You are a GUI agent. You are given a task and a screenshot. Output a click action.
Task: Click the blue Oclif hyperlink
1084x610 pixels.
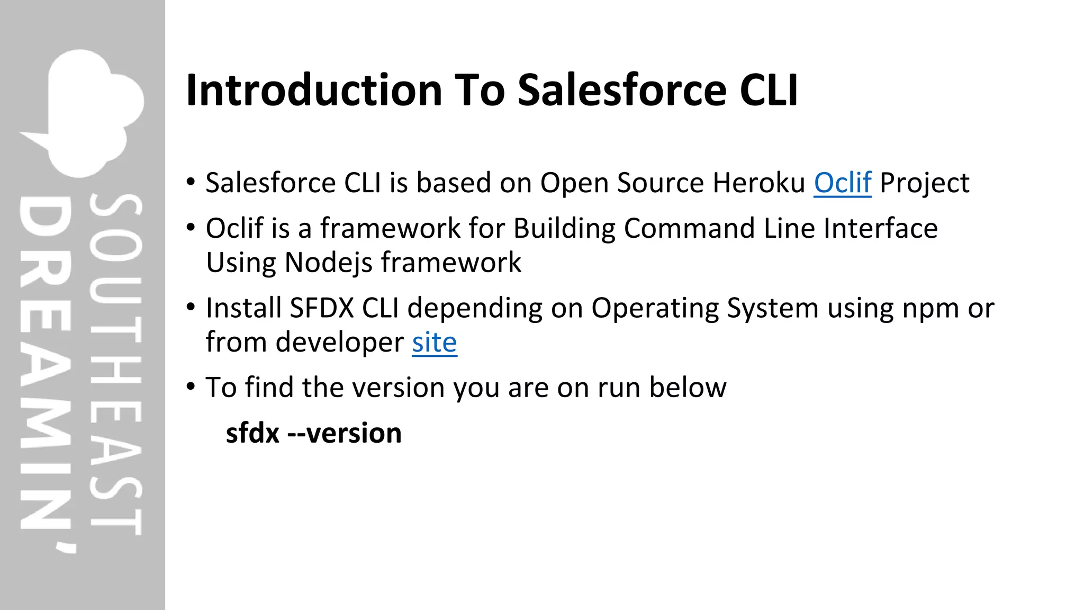coord(842,183)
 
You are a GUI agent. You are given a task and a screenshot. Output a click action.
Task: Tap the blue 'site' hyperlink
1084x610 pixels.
coord(434,343)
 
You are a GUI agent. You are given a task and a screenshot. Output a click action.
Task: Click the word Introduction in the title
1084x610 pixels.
coord(314,90)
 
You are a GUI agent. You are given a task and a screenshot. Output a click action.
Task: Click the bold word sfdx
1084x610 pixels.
coord(252,434)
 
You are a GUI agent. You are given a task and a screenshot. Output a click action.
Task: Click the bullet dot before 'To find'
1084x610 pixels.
coord(191,387)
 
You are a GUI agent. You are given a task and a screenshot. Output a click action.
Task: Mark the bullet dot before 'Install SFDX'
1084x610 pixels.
coord(191,307)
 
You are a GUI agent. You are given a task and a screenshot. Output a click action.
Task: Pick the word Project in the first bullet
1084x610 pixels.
coord(924,183)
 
